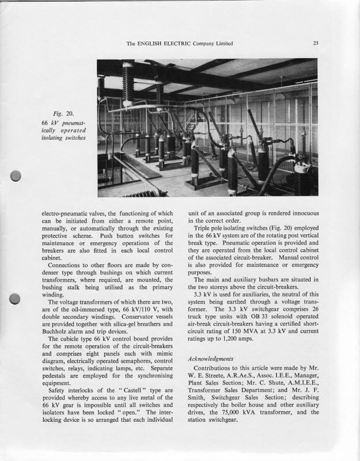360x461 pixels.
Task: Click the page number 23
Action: click(316, 43)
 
